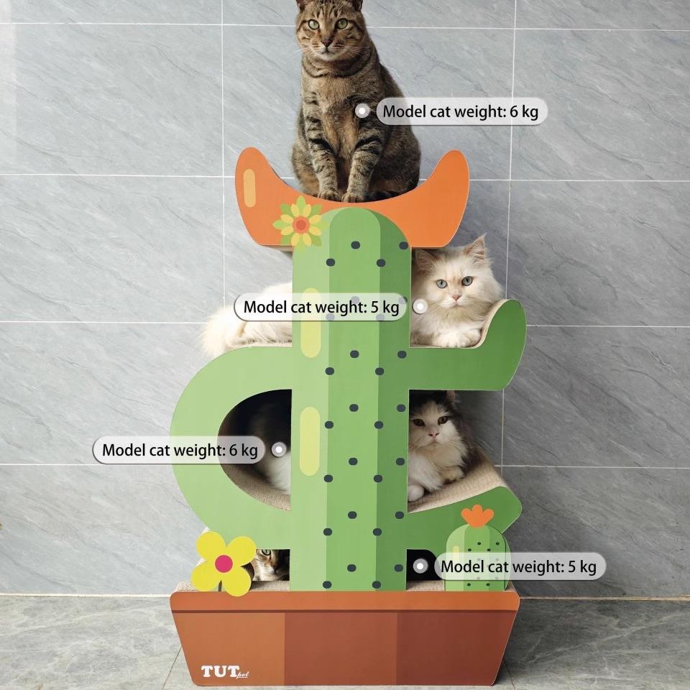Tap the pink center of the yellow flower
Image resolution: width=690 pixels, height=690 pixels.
coord(224,564)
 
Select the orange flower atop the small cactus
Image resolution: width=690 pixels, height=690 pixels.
coord(477,515)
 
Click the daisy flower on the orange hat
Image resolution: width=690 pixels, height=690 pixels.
coord(300,224)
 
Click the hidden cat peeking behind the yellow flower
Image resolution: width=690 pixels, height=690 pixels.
coord(270,563)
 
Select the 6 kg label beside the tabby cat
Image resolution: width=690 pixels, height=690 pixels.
coord(460,111)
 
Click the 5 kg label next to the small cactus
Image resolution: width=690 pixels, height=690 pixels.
coord(518,566)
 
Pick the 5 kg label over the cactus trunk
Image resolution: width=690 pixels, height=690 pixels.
coord(321,307)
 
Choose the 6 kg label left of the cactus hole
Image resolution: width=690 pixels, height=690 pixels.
coord(179,451)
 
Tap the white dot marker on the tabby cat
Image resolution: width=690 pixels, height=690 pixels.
coord(362,111)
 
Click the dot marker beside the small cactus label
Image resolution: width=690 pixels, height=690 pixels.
coord(420,566)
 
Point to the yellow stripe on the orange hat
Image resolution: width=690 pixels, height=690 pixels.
coord(249,187)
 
